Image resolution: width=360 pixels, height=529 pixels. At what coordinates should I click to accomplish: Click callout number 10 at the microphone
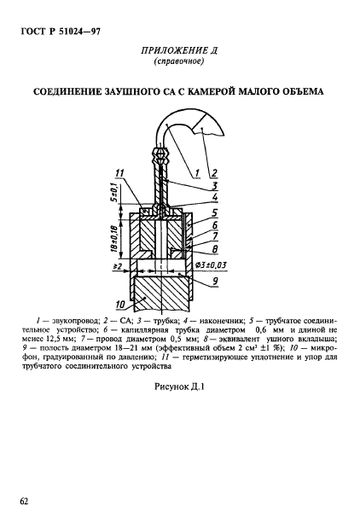coord(119,303)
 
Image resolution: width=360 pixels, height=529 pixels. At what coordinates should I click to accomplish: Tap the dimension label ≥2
coord(118,266)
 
